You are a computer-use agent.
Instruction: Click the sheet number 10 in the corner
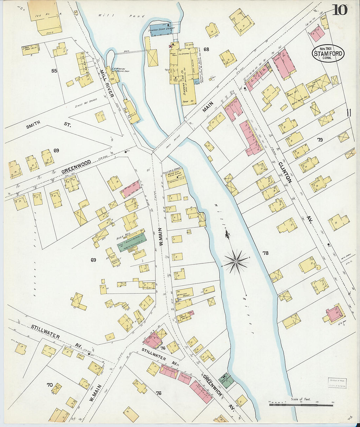(340, 10)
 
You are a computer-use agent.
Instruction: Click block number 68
(206, 50)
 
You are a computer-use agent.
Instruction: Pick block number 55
(54, 71)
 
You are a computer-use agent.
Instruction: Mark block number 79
(320, 140)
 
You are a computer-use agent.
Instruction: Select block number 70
(50, 385)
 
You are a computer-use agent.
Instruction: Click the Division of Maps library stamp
(337, 383)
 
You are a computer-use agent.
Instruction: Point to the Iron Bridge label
(171, 147)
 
